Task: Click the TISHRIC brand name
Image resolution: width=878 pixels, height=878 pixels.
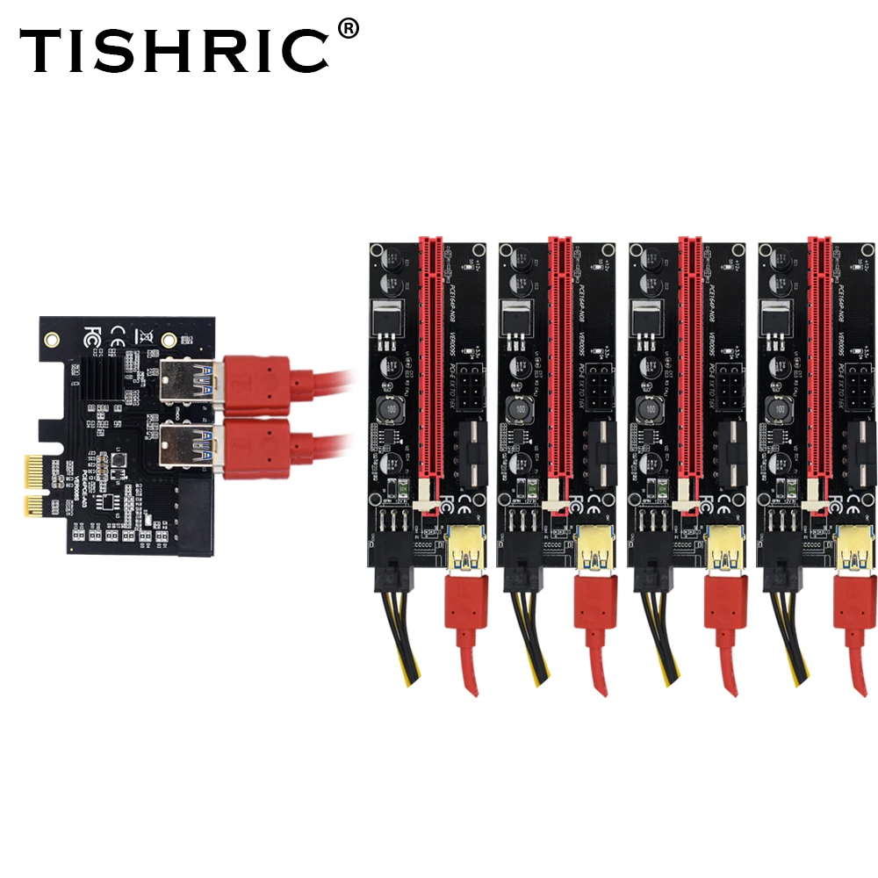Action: [x=176, y=50]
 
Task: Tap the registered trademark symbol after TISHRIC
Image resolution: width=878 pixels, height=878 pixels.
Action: [x=348, y=29]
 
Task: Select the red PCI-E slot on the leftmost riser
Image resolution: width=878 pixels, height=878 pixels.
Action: [x=429, y=360]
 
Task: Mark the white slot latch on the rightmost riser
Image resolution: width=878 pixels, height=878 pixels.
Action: [x=813, y=497]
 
